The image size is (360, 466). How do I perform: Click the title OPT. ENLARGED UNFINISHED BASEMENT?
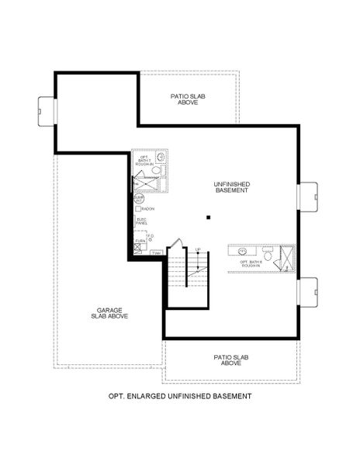point(180,396)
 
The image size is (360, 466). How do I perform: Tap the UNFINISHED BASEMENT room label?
point(231,187)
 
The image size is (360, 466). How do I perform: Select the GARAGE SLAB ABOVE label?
point(112,313)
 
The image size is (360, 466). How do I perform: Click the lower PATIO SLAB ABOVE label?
point(230,360)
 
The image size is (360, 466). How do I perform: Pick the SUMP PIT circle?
point(139,200)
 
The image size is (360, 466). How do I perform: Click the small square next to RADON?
point(137,209)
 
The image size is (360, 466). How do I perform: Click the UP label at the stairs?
point(198,250)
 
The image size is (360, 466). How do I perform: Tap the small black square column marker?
point(207,218)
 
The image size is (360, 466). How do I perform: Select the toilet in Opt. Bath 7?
point(156,169)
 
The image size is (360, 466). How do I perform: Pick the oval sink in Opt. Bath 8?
point(242,252)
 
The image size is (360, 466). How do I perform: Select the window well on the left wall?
point(44,110)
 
